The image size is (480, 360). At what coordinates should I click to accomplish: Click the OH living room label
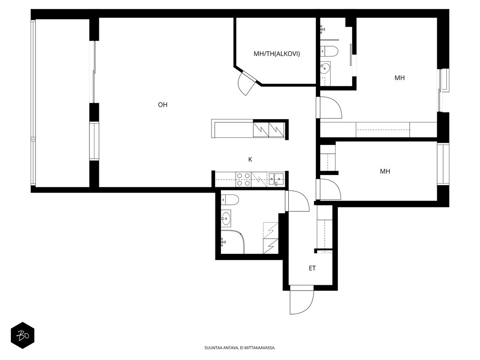(x=162, y=105)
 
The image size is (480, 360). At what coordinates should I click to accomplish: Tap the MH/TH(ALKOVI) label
(x=277, y=54)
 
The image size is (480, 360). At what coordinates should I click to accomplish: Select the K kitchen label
(x=250, y=159)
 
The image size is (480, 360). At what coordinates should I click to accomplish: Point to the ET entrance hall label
(x=312, y=269)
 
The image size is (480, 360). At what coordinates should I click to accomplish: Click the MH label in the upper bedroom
(x=399, y=78)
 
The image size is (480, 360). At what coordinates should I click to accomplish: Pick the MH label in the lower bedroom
(x=385, y=171)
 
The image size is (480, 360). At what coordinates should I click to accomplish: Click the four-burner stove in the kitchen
(x=243, y=180)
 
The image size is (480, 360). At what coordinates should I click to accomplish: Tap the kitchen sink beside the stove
(x=277, y=180)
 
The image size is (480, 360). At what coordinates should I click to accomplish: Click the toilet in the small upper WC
(x=329, y=51)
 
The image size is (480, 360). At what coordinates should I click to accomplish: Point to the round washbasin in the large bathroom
(x=226, y=218)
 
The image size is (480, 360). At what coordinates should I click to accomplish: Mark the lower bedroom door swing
(x=329, y=190)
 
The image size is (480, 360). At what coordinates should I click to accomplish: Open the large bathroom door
(x=297, y=201)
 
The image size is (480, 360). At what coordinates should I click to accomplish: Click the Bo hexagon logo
(x=22, y=336)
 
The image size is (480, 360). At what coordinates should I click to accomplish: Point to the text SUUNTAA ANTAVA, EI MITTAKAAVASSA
(x=240, y=348)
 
